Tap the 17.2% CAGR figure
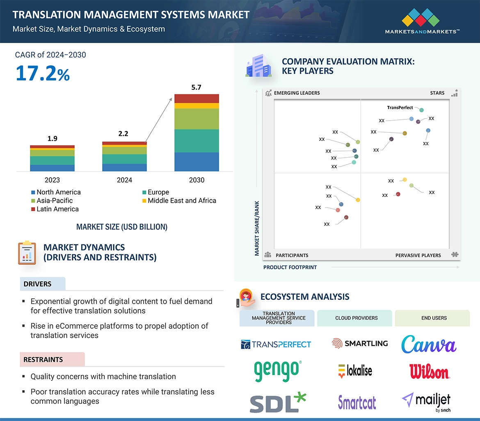pos(43,73)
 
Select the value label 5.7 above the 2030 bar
pos(197,87)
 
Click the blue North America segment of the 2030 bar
pos(197,162)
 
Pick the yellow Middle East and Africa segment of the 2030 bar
pos(197,106)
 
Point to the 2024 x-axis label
pos(124,180)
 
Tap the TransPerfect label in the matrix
pos(400,108)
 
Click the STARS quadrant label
pos(437,93)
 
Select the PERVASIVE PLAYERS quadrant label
pos(418,255)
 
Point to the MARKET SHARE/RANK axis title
pos(257,228)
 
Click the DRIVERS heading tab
pos(38,284)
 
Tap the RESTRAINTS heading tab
pos(43,360)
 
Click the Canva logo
pos(429,344)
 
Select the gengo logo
pos(277,371)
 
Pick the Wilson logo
pos(429,371)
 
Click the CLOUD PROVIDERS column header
pos(357,318)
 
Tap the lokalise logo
pos(355,371)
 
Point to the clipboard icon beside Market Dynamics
pos(27,253)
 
